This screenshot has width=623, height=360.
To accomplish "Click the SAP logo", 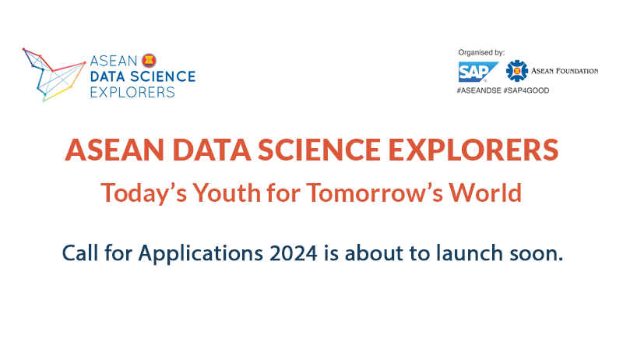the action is pos(478,72).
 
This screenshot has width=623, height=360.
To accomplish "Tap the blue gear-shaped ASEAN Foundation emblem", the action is pos(516,71).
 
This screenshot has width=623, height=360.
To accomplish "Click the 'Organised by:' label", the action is pos(481,52).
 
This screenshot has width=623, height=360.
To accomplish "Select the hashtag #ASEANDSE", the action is pos(479,90).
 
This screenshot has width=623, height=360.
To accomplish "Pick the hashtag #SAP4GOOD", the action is pos(526,90).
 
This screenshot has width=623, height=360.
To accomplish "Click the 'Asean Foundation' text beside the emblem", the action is pos(565,71).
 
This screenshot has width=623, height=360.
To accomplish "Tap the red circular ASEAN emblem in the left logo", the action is pos(149,61).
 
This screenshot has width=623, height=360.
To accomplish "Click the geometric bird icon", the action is pos(54,75).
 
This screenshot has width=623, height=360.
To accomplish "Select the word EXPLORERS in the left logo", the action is pos(132,92).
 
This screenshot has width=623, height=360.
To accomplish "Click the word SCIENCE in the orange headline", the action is pos(319,150).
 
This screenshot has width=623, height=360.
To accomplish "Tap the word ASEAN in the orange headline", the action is pos(114,150).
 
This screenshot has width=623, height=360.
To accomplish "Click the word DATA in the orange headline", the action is pos(212,150).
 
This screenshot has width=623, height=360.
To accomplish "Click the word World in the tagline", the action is pos(485,193).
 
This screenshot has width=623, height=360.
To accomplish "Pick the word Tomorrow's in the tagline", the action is pos(375,193).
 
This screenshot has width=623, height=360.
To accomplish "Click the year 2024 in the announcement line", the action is pos(294,253).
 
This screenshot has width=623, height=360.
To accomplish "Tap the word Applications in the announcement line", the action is pos(201,254).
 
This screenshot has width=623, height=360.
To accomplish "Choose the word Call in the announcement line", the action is pos(80,252).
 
